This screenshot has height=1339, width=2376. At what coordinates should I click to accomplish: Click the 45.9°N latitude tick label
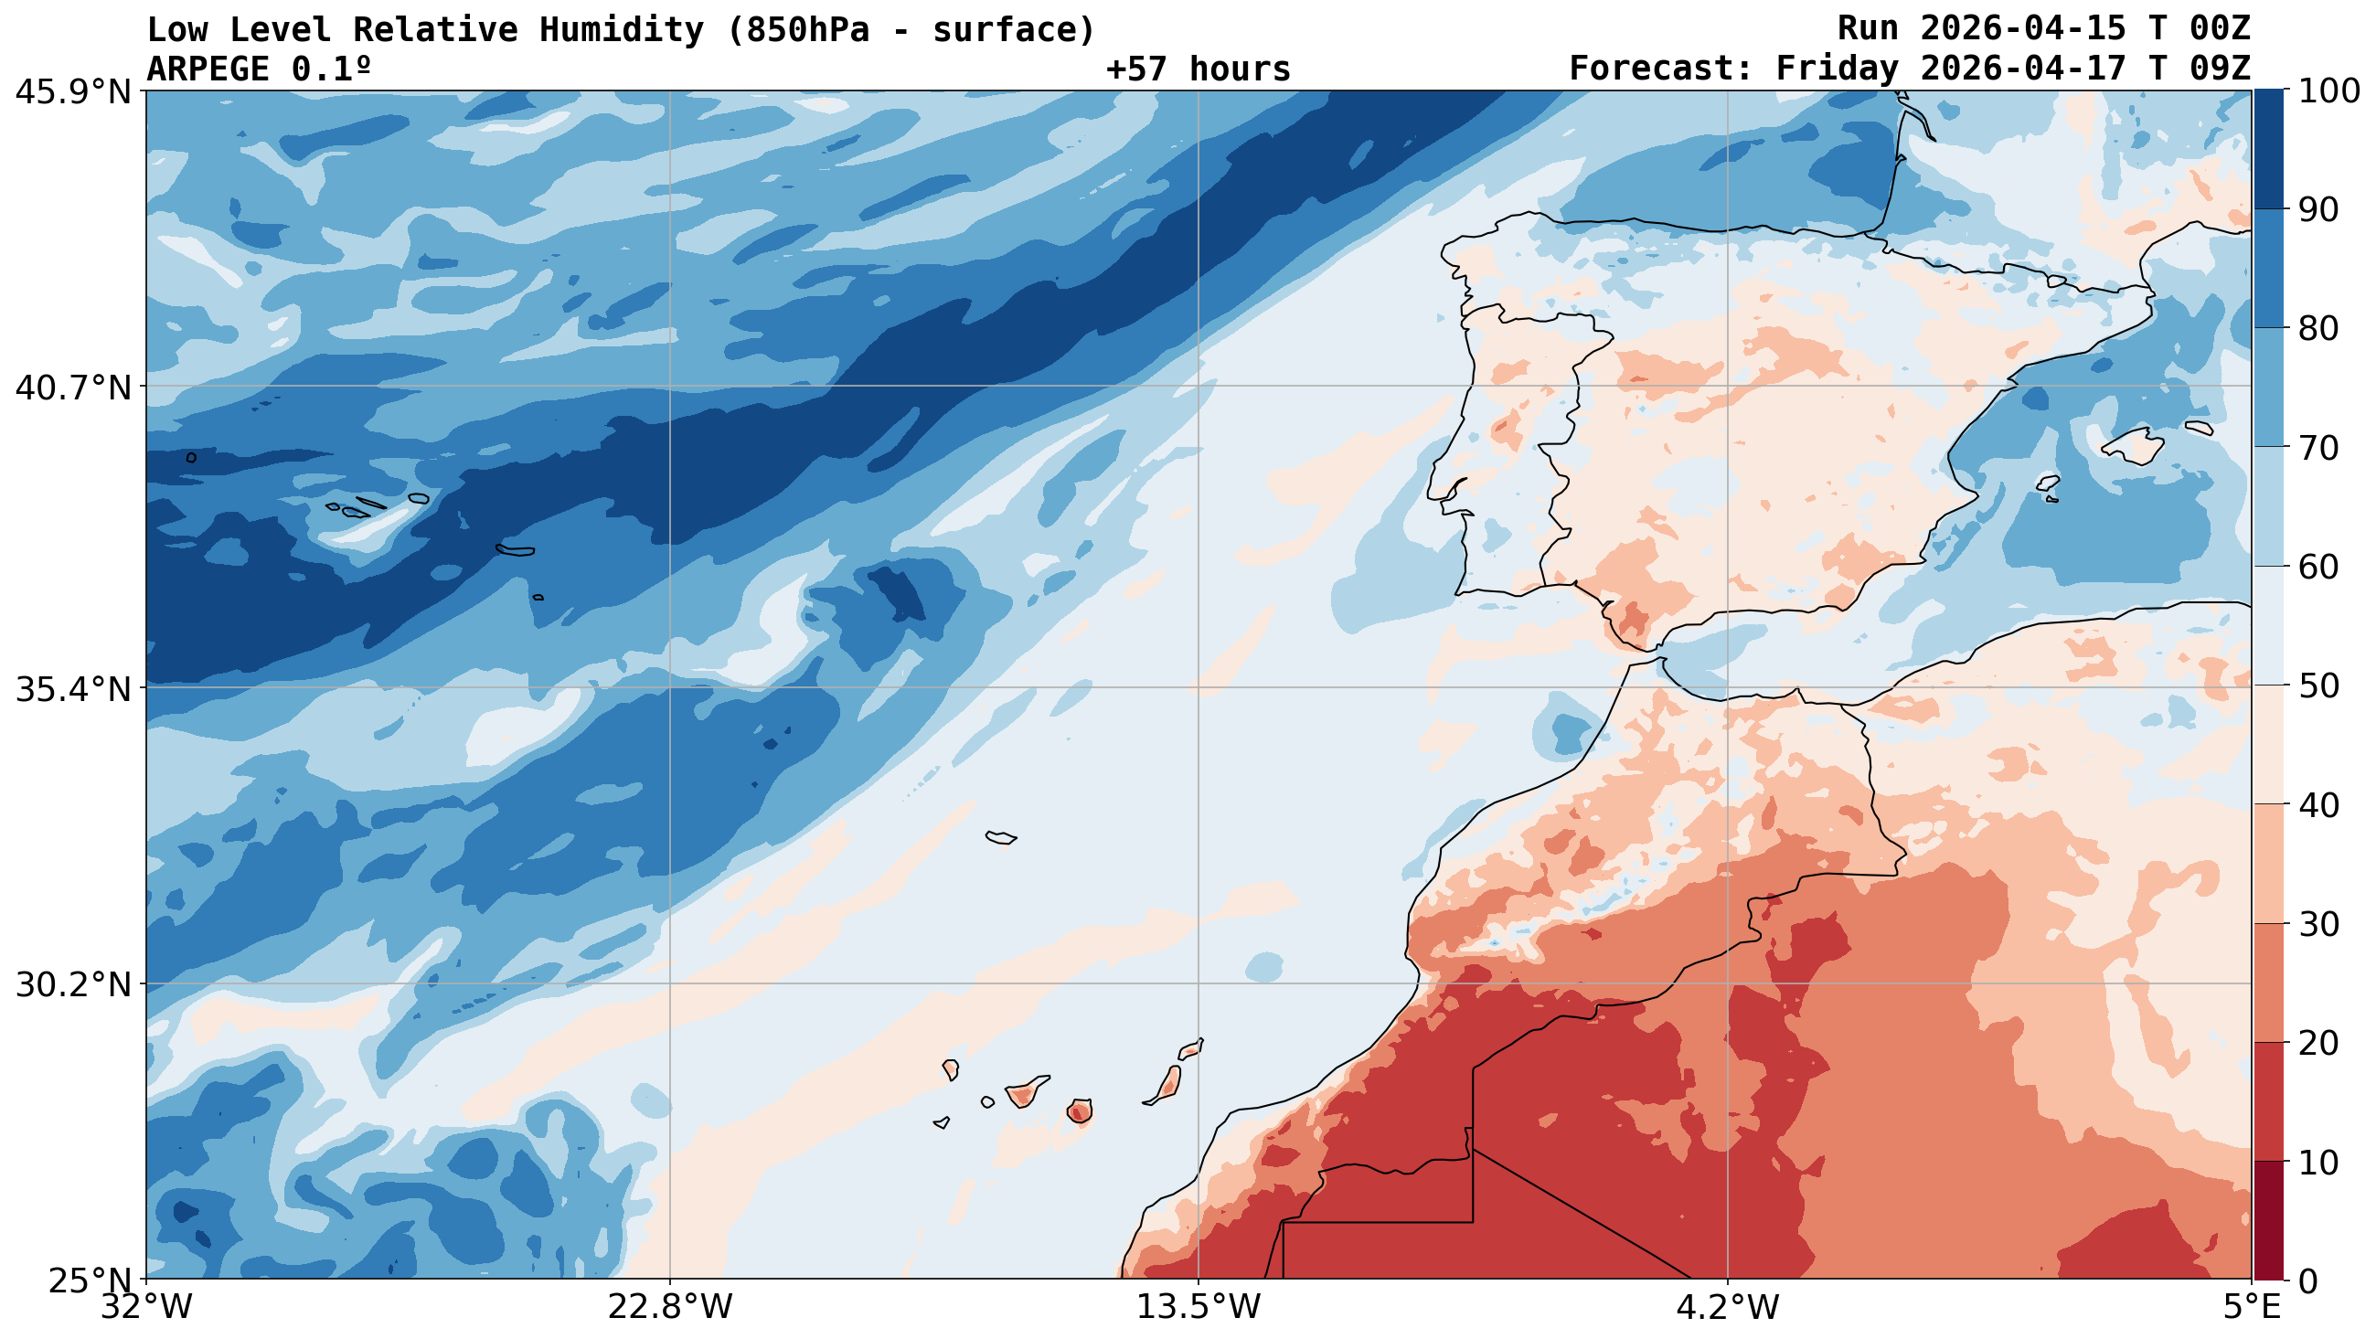point(73,92)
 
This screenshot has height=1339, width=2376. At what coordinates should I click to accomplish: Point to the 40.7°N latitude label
point(73,388)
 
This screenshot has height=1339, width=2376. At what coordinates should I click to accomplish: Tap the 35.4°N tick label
point(73,689)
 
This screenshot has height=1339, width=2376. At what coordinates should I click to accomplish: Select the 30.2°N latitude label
point(73,985)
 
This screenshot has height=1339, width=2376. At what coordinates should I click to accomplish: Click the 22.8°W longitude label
point(669,1308)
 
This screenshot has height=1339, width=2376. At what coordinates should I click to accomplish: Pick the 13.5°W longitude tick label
point(1199,1308)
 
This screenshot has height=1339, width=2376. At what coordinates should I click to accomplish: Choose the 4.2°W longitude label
point(1727,1308)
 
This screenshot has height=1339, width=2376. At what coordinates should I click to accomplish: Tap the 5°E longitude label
point(2252,1308)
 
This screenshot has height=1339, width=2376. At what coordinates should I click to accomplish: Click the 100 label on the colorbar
point(2328,91)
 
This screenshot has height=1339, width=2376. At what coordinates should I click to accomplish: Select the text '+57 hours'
point(1198,69)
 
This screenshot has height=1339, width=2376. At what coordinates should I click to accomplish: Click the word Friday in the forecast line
point(1837,69)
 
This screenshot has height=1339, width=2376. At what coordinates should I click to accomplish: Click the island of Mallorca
point(2134,446)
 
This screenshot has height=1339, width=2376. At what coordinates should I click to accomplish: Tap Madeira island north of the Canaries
point(1001,837)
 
